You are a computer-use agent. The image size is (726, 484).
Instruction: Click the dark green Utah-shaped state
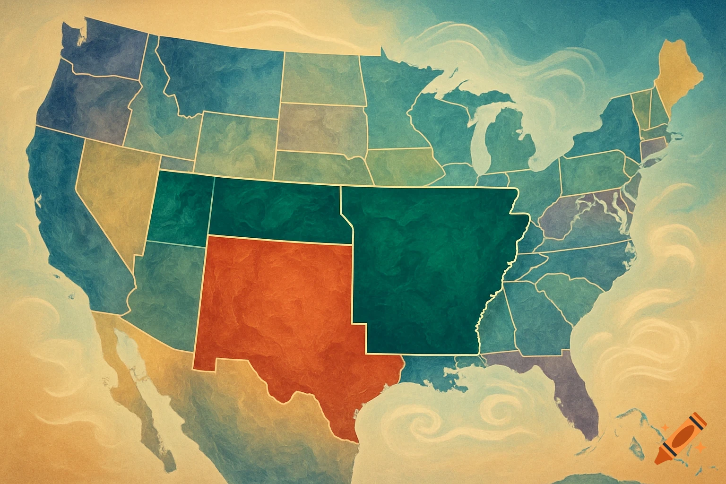(180, 208)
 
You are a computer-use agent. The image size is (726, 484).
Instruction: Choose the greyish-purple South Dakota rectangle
(321, 128)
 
